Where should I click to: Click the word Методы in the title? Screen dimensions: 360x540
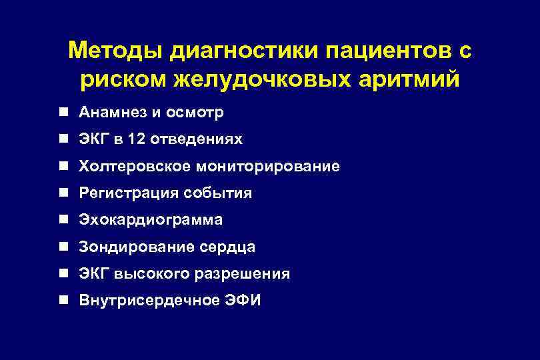click(x=113, y=51)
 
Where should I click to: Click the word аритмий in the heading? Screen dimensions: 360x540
click(x=413, y=79)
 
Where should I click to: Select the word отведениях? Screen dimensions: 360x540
click(x=197, y=139)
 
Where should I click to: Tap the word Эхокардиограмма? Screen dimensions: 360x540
click(x=151, y=220)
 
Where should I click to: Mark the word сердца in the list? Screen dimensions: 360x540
click(x=227, y=247)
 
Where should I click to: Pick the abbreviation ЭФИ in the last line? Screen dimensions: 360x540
click(x=243, y=301)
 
